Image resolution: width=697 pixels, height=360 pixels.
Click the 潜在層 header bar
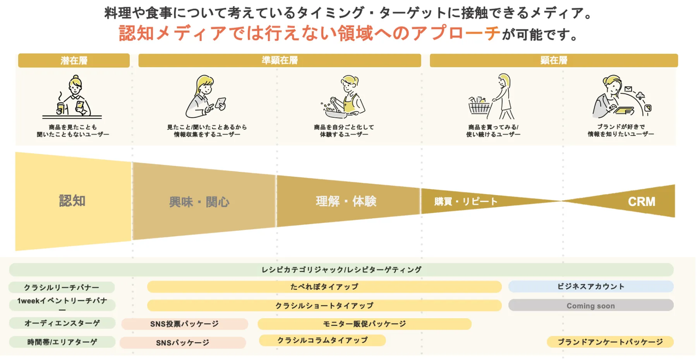coord(74,60)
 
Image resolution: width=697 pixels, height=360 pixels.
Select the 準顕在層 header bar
coord(280,60)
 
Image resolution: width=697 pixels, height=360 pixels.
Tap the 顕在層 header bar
coord(554,60)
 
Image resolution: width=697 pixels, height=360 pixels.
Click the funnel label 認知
coord(72,201)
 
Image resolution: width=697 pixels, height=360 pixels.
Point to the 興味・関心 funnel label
coord(199,202)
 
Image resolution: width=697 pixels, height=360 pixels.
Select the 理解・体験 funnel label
coord(346,201)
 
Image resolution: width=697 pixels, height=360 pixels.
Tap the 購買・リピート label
coord(466,202)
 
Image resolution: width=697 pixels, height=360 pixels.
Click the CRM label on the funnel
coord(642,202)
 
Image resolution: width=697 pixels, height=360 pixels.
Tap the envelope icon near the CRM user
coord(628,89)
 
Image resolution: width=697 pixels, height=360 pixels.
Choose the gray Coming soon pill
coord(591,305)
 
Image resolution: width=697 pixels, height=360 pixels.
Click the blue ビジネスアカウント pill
coord(591,286)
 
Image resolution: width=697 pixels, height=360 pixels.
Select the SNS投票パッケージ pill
coord(184,324)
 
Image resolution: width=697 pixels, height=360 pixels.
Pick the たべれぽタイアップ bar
coord(324,286)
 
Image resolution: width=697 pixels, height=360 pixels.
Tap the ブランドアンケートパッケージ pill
coord(610,342)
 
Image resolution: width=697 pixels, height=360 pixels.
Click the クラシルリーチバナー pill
coord(61,287)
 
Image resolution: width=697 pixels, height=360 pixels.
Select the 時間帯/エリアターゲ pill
coord(62,342)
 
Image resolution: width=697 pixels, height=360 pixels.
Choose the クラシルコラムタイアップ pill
coord(322,340)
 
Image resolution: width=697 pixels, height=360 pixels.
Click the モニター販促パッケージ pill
coord(364,324)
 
